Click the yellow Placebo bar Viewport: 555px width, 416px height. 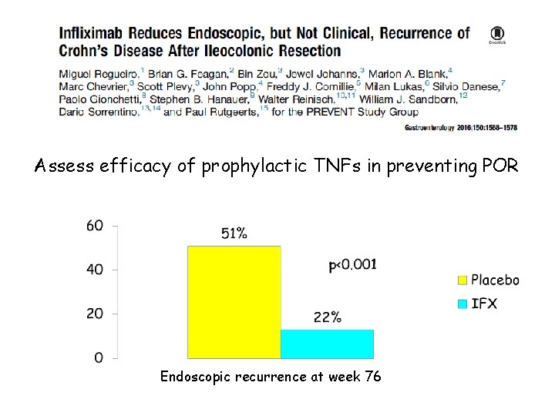coord(234,302)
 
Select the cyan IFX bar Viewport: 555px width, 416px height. coord(327,344)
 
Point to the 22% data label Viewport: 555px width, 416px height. coord(327,317)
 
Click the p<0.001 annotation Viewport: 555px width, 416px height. coord(353,264)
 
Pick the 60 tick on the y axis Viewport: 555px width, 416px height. coord(94,226)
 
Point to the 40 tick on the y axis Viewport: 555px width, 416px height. coord(94,270)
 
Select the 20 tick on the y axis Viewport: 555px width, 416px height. coord(94,314)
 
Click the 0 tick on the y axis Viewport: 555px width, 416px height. coord(98,357)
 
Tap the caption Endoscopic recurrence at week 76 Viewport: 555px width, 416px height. coord(269,377)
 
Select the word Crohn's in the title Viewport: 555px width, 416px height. coord(86,51)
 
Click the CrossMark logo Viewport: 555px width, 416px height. coord(496,35)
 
